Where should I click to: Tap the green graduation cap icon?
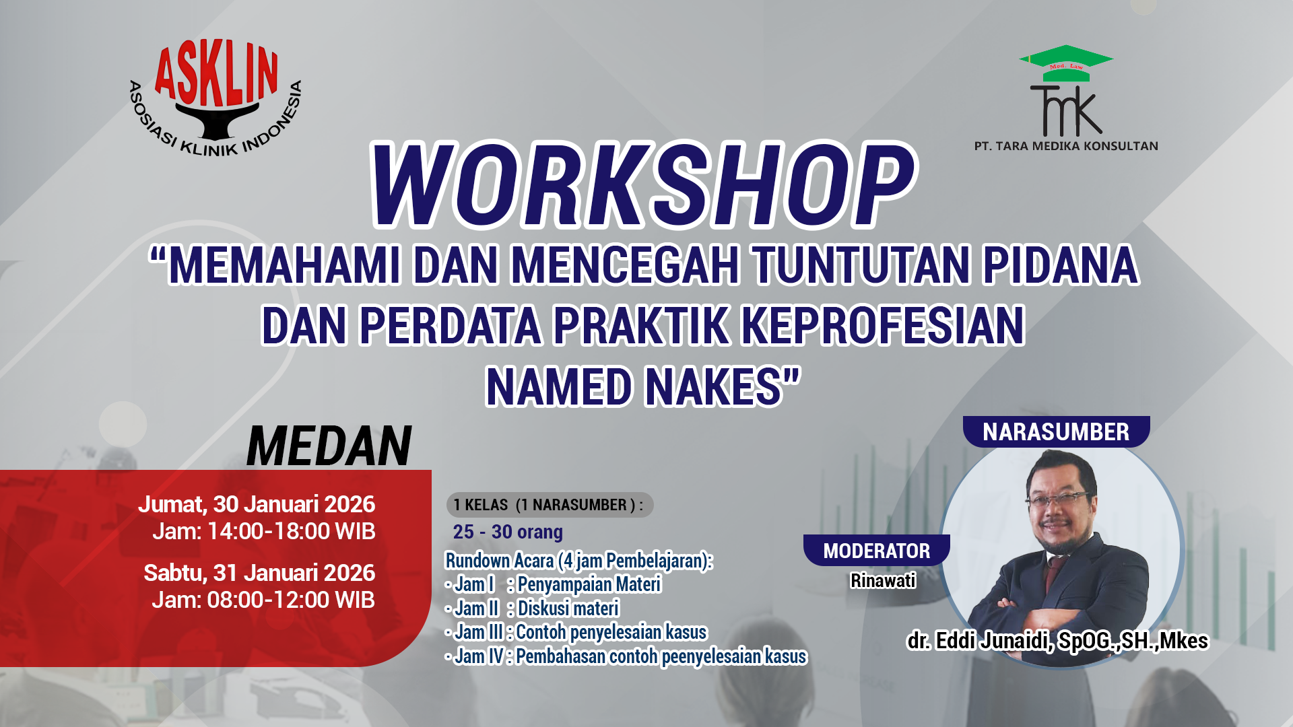point(1066,62)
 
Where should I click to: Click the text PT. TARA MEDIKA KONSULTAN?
point(1066,146)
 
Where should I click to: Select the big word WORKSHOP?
point(643,185)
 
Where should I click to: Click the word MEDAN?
point(329,446)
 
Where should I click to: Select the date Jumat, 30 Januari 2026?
point(257,504)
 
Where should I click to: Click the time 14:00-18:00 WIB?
point(291,531)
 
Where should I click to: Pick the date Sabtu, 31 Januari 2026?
point(259,573)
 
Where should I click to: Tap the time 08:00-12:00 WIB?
point(290,600)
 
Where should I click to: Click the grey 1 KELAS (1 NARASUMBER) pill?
point(549,505)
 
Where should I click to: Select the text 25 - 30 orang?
point(508,532)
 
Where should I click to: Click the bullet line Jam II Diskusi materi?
point(532,609)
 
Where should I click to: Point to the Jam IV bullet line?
point(626,656)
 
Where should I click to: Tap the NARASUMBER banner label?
point(1055,432)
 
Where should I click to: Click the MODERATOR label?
point(876,551)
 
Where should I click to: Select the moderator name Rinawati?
point(883,580)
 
